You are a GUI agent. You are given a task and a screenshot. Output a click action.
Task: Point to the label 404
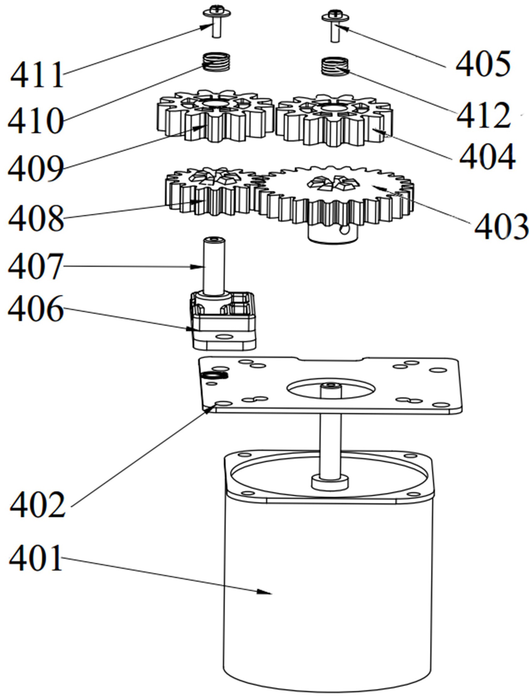click(x=487, y=157)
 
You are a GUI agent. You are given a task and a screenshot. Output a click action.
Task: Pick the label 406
click(x=36, y=309)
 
